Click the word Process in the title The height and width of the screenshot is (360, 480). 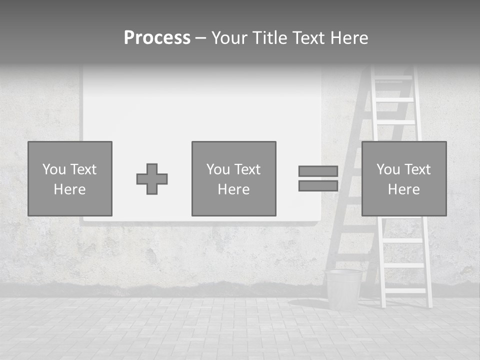[157, 37]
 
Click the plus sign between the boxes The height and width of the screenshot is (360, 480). [152, 179]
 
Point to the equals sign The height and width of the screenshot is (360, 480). [318, 178]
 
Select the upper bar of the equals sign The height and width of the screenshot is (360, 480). [318, 171]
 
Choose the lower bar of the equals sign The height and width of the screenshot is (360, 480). [318, 186]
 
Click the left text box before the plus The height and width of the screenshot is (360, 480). [70, 178]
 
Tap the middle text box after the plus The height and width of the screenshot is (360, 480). [233, 178]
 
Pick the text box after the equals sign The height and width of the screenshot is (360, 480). [404, 178]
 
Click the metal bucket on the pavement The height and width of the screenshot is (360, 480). [343, 289]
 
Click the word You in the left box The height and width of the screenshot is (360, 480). [54, 169]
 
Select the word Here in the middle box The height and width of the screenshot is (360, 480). [233, 189]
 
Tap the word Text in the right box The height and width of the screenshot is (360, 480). [417, 169]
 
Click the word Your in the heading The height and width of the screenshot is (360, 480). [230, 37]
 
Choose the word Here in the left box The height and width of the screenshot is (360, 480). [70, 189]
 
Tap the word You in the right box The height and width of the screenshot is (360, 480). [388, 169]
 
